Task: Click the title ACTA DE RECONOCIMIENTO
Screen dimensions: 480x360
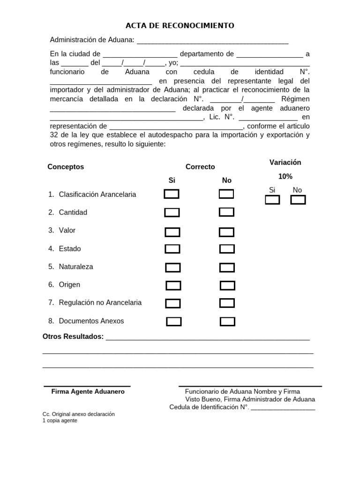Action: [x=180, y=25]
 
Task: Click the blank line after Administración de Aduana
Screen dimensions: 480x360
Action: [x=212, y=41]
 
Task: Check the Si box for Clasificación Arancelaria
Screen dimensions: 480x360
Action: [x=172, y=194]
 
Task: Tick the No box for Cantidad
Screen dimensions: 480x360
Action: [x=226, y=212]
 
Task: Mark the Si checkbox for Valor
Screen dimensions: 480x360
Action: [x=172, y=232]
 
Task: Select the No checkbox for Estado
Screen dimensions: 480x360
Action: [x=227, y=249]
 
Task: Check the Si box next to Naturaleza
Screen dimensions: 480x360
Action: [x=173, y=268]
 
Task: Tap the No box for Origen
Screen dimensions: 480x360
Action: [x=227, y=285]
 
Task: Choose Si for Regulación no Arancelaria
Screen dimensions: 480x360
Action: [x=173, y=303]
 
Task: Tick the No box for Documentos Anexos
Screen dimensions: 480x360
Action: [x=227, y=322]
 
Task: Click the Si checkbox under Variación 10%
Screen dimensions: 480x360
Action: [x=272, y=200]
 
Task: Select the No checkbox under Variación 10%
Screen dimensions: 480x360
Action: [x=298, y=200]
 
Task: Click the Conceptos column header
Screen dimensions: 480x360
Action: [x=66, y=167]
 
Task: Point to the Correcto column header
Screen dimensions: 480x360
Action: [x=200, y=167]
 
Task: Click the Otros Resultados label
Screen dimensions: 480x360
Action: [x=73, y=337]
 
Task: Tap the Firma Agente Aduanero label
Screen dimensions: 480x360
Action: [x=88, y=391]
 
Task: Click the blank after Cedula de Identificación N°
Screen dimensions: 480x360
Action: [x=283, y=408]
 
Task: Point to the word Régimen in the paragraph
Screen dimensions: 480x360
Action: [x=295, y=99]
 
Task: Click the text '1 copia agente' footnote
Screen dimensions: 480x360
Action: [x=60, y=420]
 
